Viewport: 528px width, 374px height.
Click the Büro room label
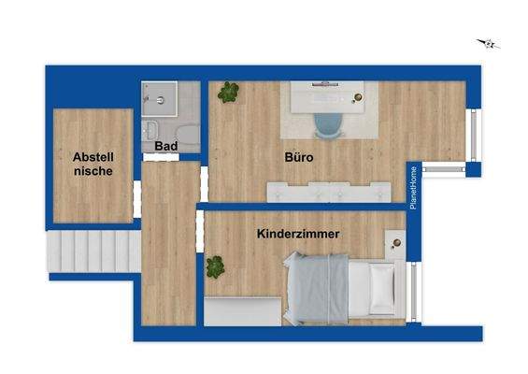(x=298, y=158)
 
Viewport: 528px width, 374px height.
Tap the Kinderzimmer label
(x=297, y=233)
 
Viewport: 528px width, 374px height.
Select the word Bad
(x=166, y=147)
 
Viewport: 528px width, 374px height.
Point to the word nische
(x=93, y=171)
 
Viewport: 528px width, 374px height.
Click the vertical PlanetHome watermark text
(x=413, y=187)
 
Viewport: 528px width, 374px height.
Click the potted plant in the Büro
(x=228, y=92)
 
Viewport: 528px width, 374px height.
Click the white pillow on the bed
(x=381, y=288)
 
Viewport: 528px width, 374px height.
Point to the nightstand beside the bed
(x=396, y=245)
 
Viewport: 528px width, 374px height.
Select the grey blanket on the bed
(x=318, y=288)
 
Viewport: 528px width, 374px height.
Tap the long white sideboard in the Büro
(x=327, y=192)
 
